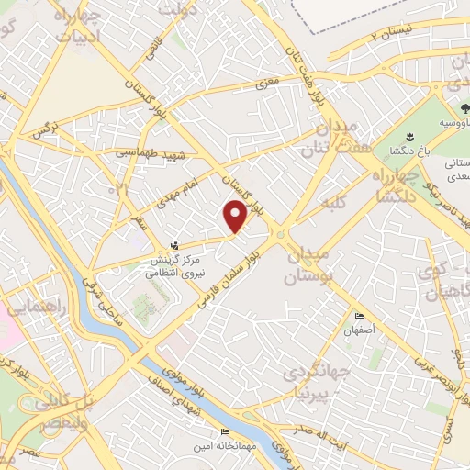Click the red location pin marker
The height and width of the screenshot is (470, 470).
click(236, 216)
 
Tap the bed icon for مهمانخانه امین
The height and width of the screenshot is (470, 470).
click(225, 432)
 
